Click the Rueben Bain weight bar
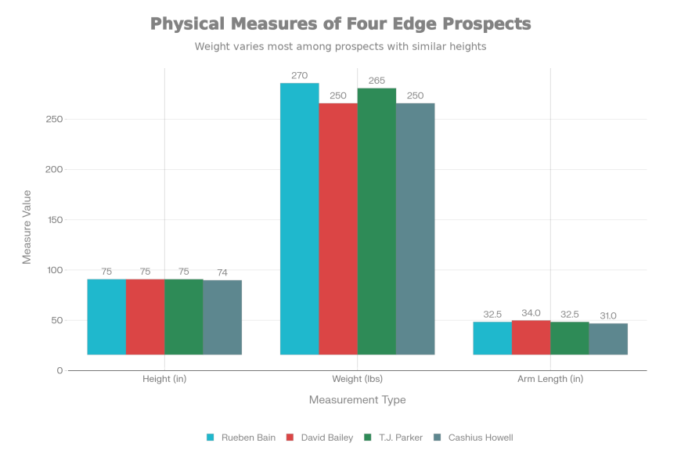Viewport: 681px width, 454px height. coord(299,218)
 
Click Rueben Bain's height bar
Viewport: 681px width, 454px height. coord(106,317)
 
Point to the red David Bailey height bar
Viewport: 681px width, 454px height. coord(145,317)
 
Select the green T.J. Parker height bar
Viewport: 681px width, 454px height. coord(183,317)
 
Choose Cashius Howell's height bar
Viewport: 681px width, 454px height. coord(222,317)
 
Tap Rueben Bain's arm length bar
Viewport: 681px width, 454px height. coord(492,338)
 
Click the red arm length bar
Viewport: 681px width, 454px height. coord(531,337)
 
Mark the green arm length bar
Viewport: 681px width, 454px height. coord(569,338)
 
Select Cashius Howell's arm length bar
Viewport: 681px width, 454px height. coord(608,339)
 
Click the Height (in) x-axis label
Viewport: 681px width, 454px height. coord(164,379)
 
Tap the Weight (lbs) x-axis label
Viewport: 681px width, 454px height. coord(357,379)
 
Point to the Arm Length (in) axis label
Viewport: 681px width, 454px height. coord(550,379)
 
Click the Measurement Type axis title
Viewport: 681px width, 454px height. coord(357,400)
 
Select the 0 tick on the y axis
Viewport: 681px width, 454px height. coord(59,370)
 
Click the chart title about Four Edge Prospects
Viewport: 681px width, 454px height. coord(340,24)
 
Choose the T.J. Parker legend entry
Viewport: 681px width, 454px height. coord(391,437)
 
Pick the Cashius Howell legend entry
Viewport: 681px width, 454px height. coord(474,437)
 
